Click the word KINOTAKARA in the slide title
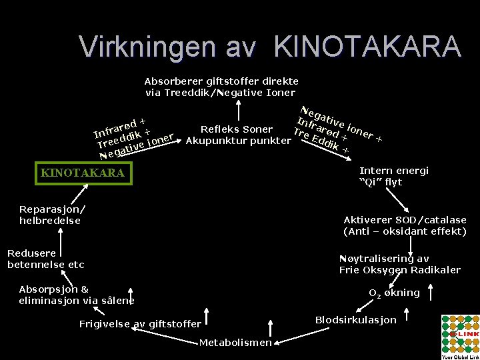tap(367, 47)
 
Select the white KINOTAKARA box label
tap(83, 173)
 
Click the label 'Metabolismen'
tap(235, 343)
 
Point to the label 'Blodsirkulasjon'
tap(355, 320)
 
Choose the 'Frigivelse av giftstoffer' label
tap(140, 324)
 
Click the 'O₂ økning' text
tap(395, 293)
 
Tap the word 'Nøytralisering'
tap(374, 258)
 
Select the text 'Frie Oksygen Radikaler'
tap(400, 270)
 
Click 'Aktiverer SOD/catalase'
tap(405, 219)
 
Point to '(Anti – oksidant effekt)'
tap(405, 231)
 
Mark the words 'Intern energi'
tap(394, 171)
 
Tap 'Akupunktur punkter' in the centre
tap(238, 141)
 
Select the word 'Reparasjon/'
tap(52, 209)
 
